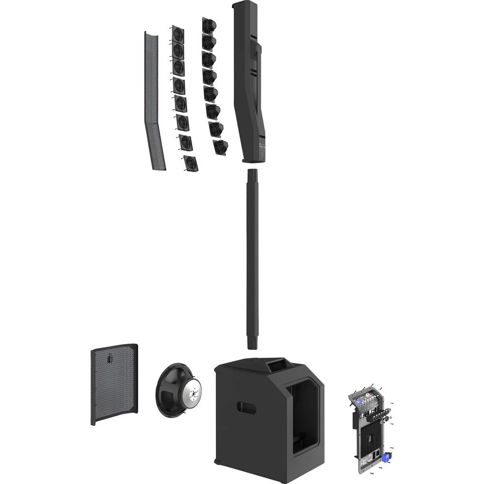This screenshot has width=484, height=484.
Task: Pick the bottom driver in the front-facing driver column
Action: coord(191,163)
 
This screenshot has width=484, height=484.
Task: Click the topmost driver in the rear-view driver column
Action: coord(209,26)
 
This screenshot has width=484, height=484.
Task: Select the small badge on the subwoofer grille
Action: coord(110,359)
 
